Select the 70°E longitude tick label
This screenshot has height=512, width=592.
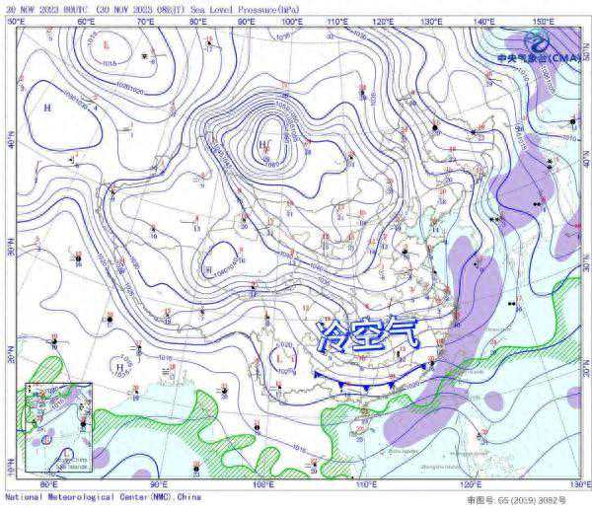pos(146,21)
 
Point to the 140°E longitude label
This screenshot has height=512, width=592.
pos(483,21)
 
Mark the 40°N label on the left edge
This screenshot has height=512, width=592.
pos(9,144)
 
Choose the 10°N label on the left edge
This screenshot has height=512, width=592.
pos(9,471)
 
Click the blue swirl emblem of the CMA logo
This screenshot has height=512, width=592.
pos(539,39)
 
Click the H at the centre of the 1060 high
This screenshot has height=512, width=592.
pos(261,145)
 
